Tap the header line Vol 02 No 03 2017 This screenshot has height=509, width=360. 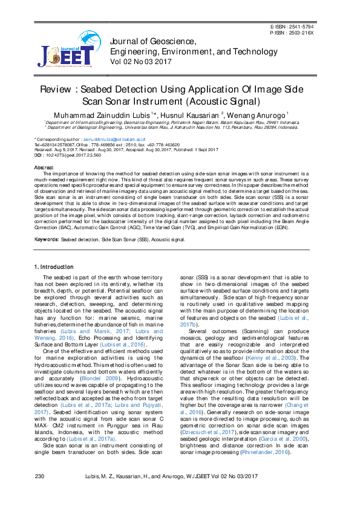(140, 61)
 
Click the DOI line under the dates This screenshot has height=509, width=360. (68, 155)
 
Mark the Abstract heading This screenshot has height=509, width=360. (44, 167)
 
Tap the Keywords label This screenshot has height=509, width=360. (46, 239)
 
